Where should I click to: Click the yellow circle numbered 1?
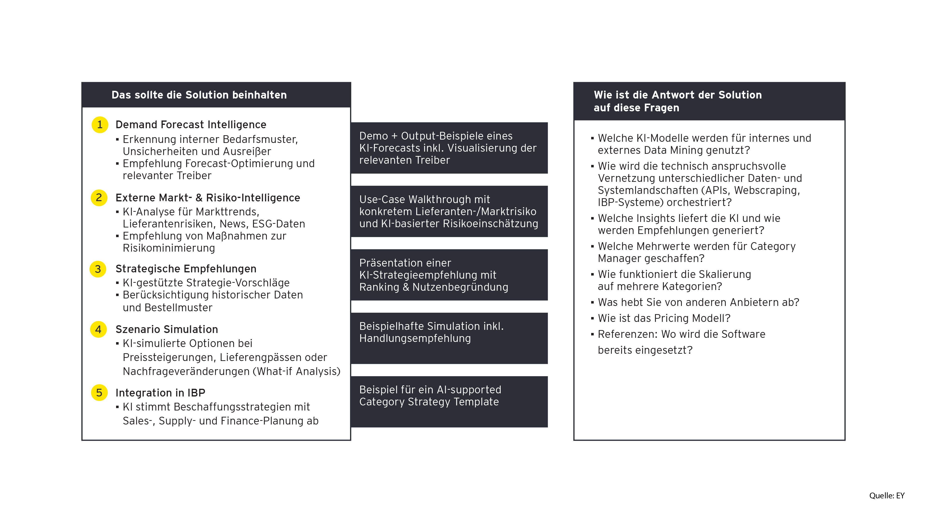point(100,125)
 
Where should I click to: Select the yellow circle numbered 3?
point(98,269)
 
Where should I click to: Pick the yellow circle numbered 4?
point(98,329)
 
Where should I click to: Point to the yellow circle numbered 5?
point(99,393)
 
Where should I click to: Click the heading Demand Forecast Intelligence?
point(191,125)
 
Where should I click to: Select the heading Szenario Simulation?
point(167,329)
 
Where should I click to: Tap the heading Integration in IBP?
point(160,393)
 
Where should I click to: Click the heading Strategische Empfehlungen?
point(186,269)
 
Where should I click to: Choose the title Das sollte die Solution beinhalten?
point(199,95)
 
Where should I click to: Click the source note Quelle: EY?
point(886,496)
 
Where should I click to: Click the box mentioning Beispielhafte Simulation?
point(449,338)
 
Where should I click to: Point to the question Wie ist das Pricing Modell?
point(664,318)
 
